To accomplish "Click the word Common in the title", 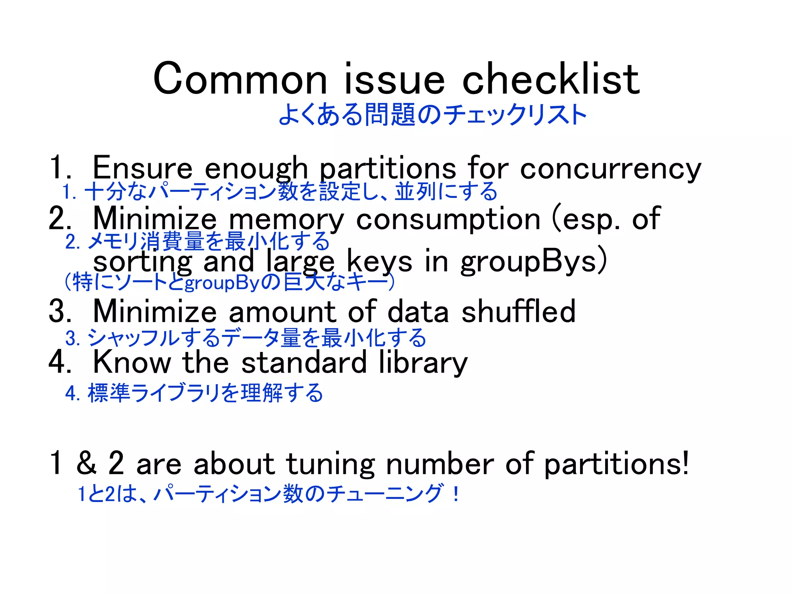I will point(240,79).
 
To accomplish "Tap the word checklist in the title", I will point(551,79).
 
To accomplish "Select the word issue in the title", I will point(394,79).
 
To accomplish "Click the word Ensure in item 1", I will point(142,168).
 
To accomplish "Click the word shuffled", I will point(518,311).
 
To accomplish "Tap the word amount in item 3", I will point(282,312).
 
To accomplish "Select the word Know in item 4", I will point(132,362).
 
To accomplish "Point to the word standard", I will point(304,362).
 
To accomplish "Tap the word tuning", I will point(330,464).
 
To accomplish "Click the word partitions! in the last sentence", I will point(616,464).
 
